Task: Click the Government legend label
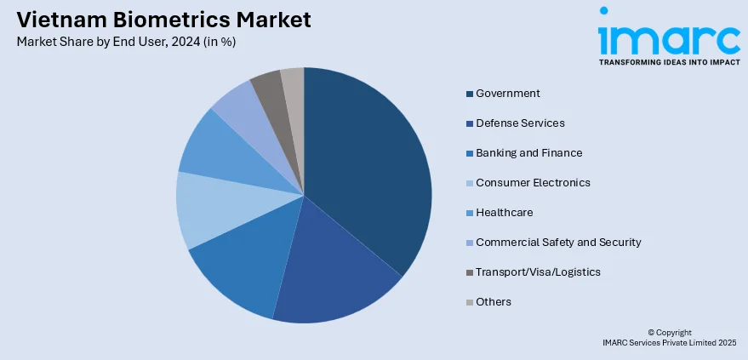click(x=508, y=93)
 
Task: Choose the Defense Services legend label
click(x=520, y=123)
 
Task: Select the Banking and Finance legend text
click(x=528, y=152)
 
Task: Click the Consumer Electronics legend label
click(x=533, y=182)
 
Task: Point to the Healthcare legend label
click(x=505, y=212)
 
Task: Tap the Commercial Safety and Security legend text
click(x=558, y=242)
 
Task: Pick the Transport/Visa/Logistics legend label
click(x=538, y=271)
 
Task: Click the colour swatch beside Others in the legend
click(x=469, y=302)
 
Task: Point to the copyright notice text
click(x=669, y=337)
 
